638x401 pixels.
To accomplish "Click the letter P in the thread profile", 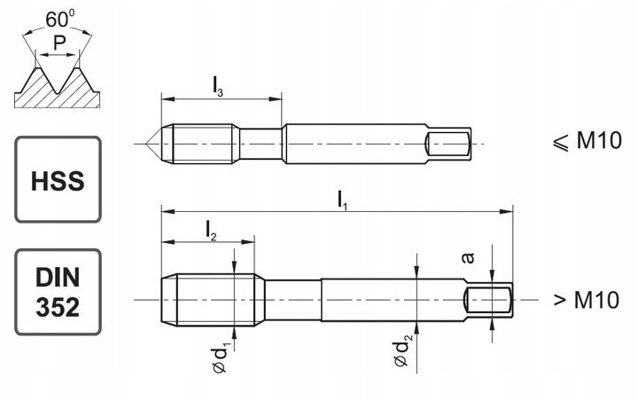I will [x=58, y=42].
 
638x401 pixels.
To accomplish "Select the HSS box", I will [x=58, y=179].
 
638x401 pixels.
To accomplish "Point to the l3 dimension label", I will [x=218, y=86].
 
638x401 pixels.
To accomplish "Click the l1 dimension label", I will [x=342, y=200].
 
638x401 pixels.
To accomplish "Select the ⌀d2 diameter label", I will [x=404, y=351].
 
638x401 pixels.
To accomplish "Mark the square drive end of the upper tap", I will [x=448, y=142].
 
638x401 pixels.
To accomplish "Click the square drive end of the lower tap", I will [x=490, y=300].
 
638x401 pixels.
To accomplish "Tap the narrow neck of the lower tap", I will [x=292, y=300].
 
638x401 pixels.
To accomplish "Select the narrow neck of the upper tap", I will [x=261, y=142].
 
